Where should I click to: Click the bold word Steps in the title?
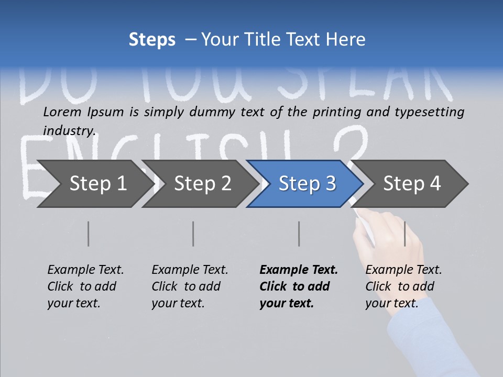tap(152, 40)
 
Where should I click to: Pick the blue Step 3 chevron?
tap(307, 184)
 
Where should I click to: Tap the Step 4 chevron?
tap(412, 184)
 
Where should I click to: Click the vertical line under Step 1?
tap(89, 234)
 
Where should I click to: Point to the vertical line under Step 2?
tap(193, 234)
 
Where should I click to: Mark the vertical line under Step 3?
tap(299, 234)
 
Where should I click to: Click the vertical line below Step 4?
tap(405, 234)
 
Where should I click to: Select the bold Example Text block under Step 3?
tap(299, 286)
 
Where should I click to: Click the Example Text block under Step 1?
tap(85, 286)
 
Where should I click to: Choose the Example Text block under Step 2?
tap(190, 286)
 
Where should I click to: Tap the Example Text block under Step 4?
tap(403, 286)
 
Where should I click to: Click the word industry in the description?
tap(69, 130)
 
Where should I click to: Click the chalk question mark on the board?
tap(348, 144)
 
